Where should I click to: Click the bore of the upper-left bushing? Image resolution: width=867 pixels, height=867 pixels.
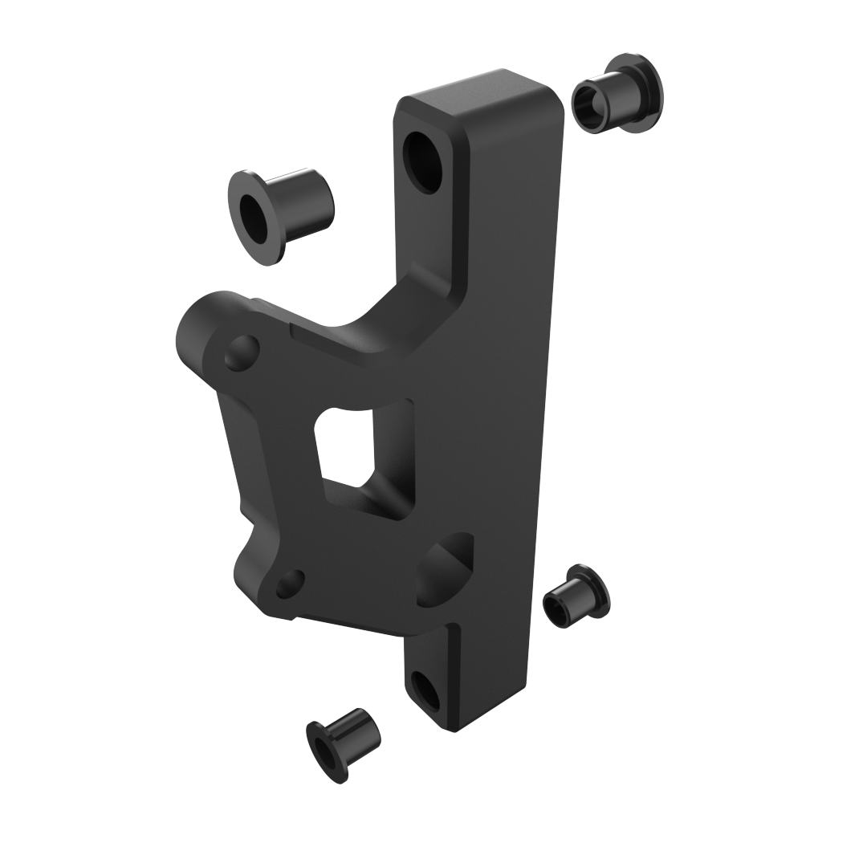tap(254, 218)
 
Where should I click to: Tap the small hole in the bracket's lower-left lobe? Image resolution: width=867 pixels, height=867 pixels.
tap(290, 584)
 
